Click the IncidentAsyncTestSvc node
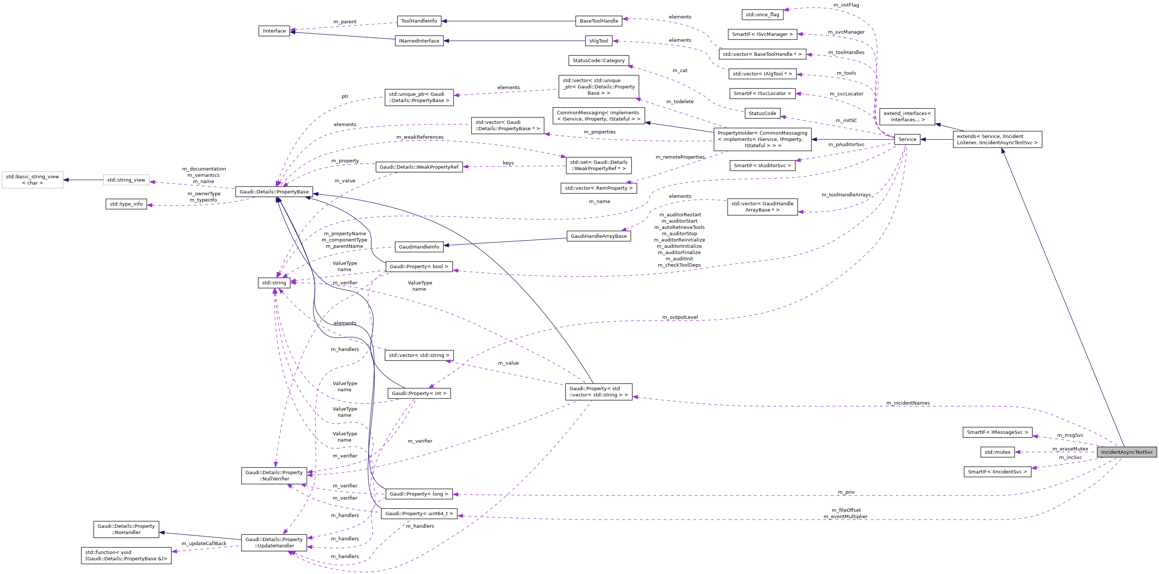(x=1126, y=452)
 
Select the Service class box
(x=907, y=139)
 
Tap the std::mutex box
(x=997, y=452)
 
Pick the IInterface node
(x=274, y=31)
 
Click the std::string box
(x=274, y=283)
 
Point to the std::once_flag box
(x=762, y=14)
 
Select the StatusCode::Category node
(x=598, y=60)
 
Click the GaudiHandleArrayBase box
(x=598, y=236)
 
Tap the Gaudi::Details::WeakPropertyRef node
(x=419, y=167)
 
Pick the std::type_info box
(x=126, y=204)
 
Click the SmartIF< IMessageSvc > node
(x=997, y=432)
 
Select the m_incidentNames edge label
(x=908, y=403)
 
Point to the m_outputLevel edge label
(x=680, y=317)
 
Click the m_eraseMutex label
(x=1070, y=449)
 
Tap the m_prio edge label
(x=846, y=492)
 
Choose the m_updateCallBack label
(x=204, y=543)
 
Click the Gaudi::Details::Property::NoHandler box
(x=126, y=530)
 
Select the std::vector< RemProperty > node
(x=598, y=188)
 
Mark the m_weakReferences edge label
(x=420, y=137)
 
